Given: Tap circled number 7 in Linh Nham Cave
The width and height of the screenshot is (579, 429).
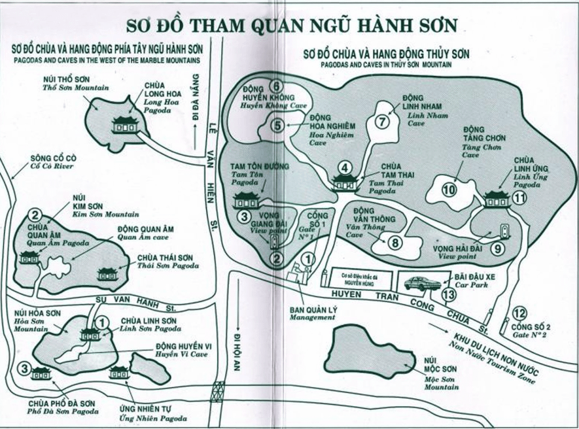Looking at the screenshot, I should (x=382, y=121).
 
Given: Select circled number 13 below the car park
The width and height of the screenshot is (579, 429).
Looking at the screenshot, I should (x=447, y=296).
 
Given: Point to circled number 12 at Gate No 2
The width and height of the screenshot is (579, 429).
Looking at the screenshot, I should (x=520, y=313).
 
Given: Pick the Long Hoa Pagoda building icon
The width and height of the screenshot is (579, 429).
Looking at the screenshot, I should (x=124, y=124).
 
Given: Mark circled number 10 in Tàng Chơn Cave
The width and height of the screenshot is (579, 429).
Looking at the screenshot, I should (x=448, y=190).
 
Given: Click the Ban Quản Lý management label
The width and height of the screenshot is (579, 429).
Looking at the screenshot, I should (x=312, y=312).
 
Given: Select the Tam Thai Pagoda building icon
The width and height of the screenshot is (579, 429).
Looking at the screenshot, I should (x=345, y=182).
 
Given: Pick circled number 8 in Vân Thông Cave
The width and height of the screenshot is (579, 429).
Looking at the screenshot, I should (x=394, y=243).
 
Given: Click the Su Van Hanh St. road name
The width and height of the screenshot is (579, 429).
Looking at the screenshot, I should (x=138, y=300).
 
